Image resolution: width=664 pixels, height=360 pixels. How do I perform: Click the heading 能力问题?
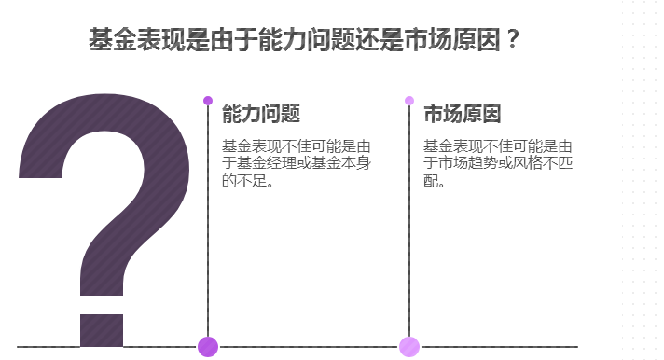[x=260, y=115]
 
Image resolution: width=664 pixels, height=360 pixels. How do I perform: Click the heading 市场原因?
[x=462, y=115]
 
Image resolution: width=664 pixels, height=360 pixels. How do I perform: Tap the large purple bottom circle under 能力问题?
[x=208, y=346]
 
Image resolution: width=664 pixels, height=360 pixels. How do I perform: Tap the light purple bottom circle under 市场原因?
[x=409, y=346]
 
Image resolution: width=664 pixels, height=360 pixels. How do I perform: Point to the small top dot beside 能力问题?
[x=208, y=101]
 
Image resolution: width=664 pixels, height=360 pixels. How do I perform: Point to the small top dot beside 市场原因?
[x=409, y=101]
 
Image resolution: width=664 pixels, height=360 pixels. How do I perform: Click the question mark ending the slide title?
[x=513, y=40]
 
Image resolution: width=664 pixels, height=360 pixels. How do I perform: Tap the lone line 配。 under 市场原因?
[x=435, y=181]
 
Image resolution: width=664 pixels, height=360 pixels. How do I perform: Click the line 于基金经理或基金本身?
[x=296, y=164]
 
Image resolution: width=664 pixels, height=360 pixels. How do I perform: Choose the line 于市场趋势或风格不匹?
[x=497, y=164]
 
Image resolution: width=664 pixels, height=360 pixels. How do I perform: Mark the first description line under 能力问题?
[x=296, y=146]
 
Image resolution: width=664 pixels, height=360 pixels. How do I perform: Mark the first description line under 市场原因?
[x=497, y=146]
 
